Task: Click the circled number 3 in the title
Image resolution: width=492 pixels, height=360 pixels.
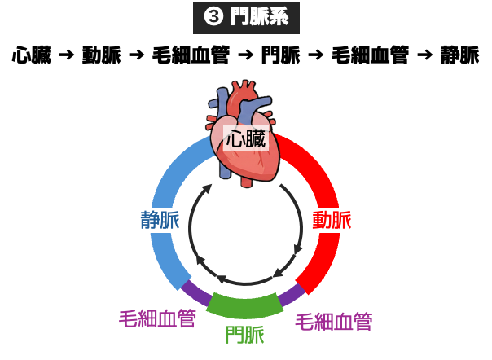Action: (x=213, y=17)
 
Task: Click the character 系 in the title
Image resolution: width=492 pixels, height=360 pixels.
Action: (x=279, y=17)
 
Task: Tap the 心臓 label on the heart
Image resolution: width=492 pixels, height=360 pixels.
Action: (x=246, y=138)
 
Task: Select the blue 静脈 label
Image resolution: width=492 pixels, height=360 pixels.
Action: (x=160, y=220)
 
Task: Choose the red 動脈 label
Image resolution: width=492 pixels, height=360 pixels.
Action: (x=332, y=220)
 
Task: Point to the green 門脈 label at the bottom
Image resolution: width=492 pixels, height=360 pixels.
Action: (x=244, y=335)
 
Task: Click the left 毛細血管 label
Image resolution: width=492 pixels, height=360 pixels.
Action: (x=158, y=318)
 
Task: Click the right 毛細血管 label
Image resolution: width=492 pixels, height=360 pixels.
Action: (x=334, y=322)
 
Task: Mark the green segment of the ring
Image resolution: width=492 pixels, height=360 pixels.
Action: (x=244, y=305)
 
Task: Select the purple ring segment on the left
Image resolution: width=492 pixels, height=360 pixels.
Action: (x=195, y=291)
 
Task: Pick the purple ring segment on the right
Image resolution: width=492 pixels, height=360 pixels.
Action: (x=292, y=293)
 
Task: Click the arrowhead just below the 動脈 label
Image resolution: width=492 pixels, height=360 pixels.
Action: (x=297, y=247)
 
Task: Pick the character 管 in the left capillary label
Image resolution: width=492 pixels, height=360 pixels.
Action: (x=187, y=318)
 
